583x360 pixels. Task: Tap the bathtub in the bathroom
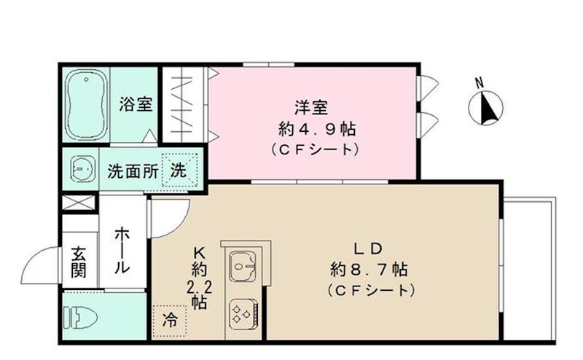(87, 105)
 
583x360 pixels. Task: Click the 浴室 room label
(136, 103)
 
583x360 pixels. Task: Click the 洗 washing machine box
(179, 171)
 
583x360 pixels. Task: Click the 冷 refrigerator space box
(169, 319)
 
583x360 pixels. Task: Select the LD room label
(370, 246)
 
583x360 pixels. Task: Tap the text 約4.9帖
(311, 130)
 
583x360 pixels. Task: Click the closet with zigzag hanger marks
(184, 103)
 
